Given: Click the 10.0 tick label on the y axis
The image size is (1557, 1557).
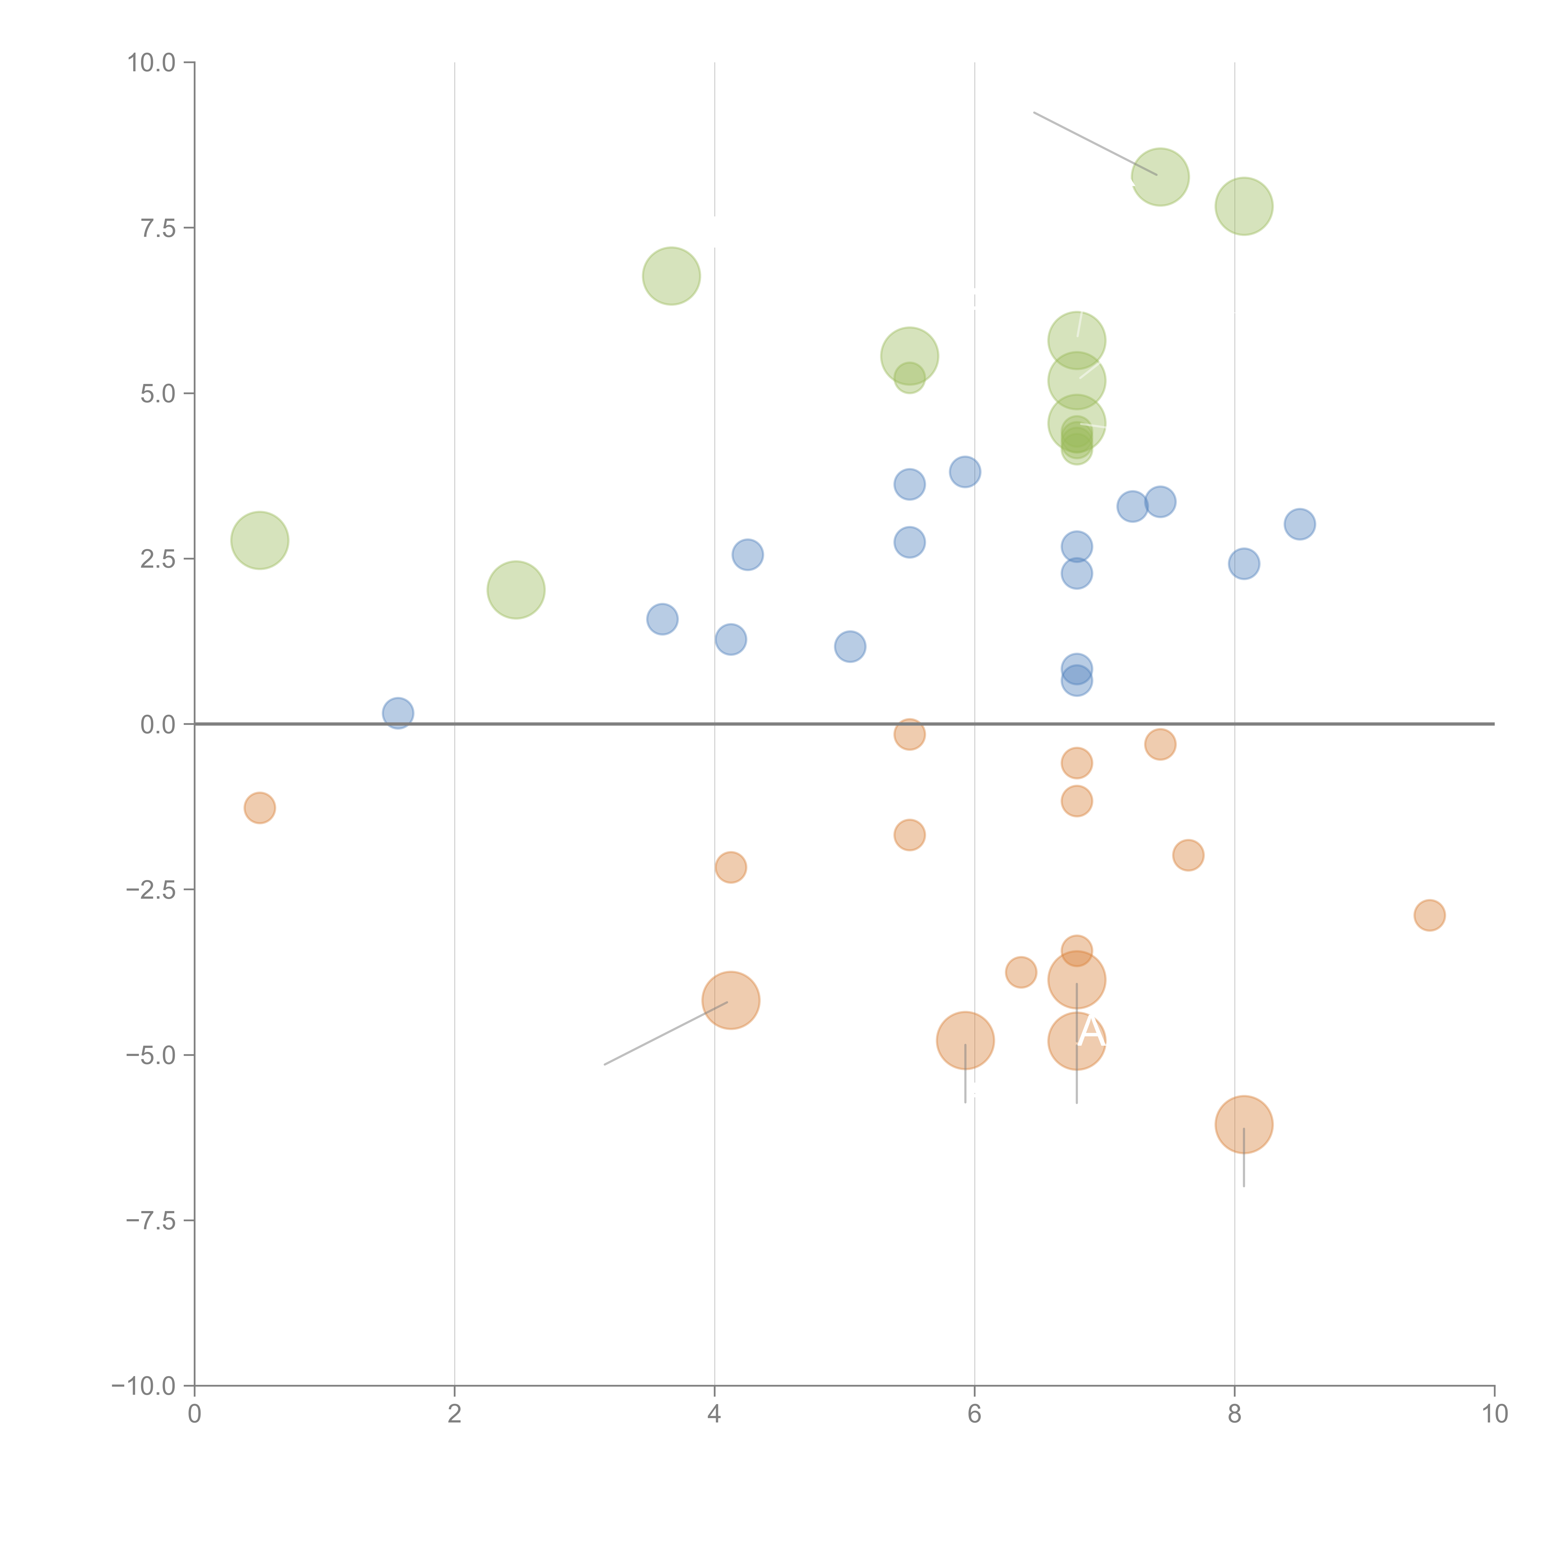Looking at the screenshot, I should click(152, 63).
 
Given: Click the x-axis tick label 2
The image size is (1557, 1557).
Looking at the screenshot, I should click(455, 1414).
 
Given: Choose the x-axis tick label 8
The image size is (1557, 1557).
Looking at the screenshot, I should click(1235, 1414).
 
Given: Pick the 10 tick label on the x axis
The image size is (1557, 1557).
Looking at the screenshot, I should click(1494, 1414).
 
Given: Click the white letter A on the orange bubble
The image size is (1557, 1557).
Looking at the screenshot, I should click(1091, 1032).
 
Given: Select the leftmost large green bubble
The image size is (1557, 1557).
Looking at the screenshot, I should click(259, 540).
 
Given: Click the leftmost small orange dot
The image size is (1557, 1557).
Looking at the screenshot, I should click(259, 807).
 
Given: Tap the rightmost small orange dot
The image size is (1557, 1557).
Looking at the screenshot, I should click(1429, 915).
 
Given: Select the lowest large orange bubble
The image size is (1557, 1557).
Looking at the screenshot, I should click(1243, 1124).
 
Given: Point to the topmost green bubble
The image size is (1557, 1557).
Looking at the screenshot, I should click(1160, 177).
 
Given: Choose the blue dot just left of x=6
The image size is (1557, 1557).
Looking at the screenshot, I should click(965, 471).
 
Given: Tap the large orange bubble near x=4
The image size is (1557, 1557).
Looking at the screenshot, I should click(730, 1000).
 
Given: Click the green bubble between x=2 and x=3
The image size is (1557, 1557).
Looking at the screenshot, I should click(516, 590).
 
